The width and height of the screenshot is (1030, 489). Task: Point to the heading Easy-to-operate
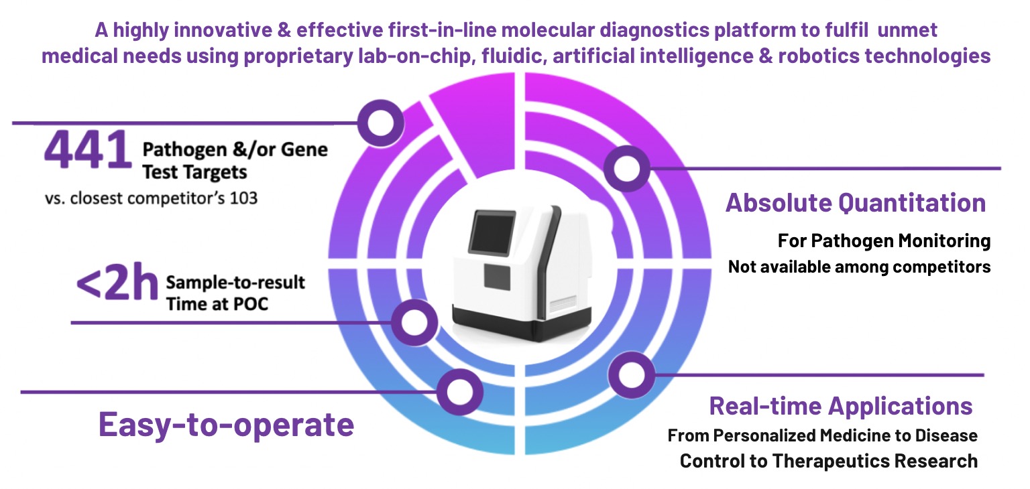click(226, 423)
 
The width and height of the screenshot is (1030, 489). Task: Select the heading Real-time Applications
click(841, 406)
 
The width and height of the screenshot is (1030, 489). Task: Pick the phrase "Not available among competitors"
click(859, 267)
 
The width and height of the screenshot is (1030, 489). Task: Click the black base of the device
click(510, 326)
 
